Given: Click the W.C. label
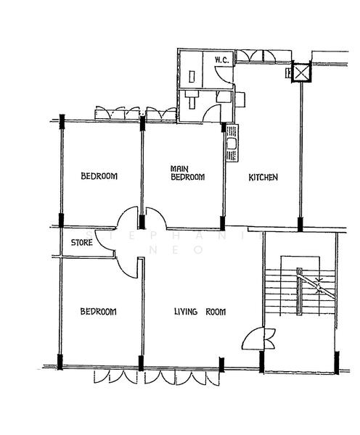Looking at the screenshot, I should click(x=221, y=61).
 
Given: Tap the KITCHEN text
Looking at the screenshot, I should click(x=263, y=178).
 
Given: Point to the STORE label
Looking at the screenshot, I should click(x=81, y=243).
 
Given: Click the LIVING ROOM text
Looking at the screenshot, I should click(x=200, y=312).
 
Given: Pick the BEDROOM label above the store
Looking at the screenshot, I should click(x=99, y=176).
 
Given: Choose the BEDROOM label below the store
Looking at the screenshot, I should click(x=98, y=312).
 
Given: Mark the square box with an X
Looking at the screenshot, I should click(x=300, y=73).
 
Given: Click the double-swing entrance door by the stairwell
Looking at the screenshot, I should click(x=260, y=338).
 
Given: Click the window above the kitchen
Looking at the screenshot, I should click(x=255, y=54).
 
